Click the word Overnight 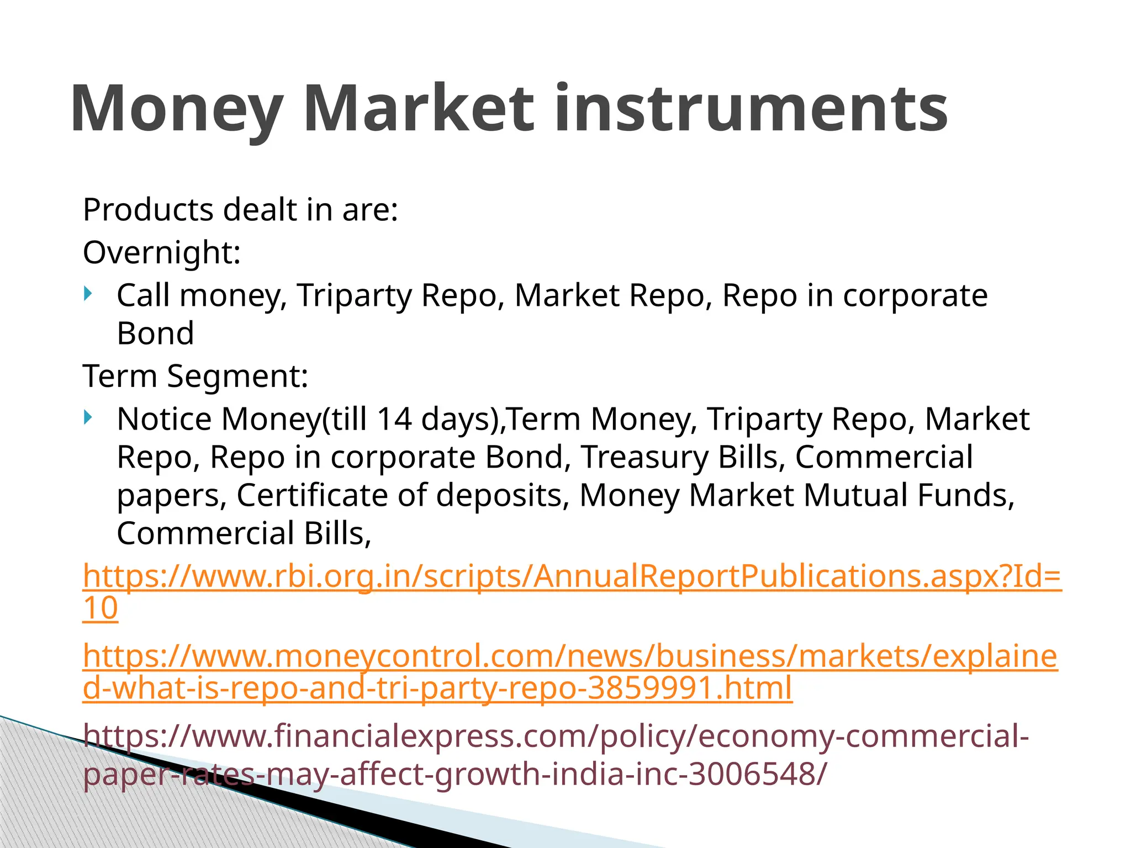161,253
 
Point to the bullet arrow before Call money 88,294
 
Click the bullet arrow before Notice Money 88,417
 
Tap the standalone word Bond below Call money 155,333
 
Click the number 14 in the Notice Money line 394,418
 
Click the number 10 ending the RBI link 100,608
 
